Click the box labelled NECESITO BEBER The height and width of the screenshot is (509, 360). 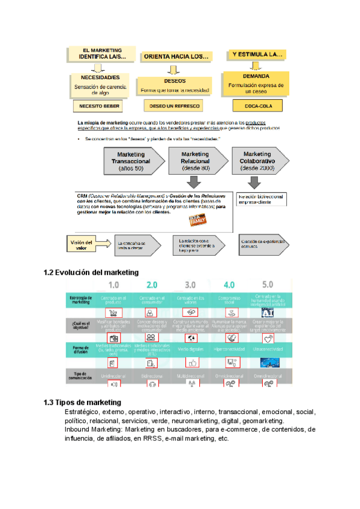coord(97,107)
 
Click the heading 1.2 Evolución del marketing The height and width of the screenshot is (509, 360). coord(91,273)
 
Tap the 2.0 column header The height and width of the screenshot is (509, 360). coord(151,285)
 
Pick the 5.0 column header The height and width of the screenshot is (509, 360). coord(268,285)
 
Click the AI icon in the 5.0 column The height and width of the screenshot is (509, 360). coord(268,312)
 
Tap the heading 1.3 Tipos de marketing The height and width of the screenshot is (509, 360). coord(83,402)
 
